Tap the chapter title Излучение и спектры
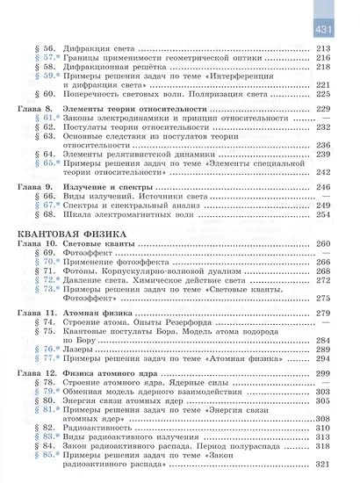click(x=111, y=188)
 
